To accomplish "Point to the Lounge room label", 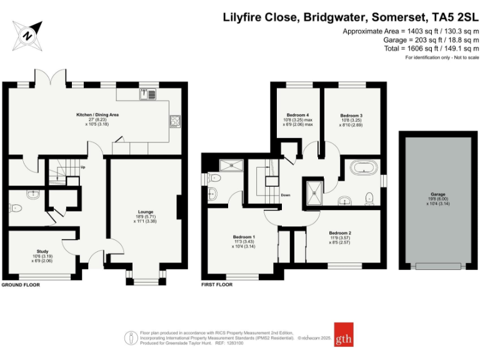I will (146, 212).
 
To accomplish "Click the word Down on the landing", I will (285, 194).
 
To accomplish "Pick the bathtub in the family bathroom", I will (362, 167).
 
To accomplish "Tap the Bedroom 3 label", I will (351, 115).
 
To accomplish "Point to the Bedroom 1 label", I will (244, 237).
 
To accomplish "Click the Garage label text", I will (437, 194).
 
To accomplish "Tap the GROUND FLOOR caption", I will (21, 284).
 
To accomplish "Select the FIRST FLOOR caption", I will (217, 284).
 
